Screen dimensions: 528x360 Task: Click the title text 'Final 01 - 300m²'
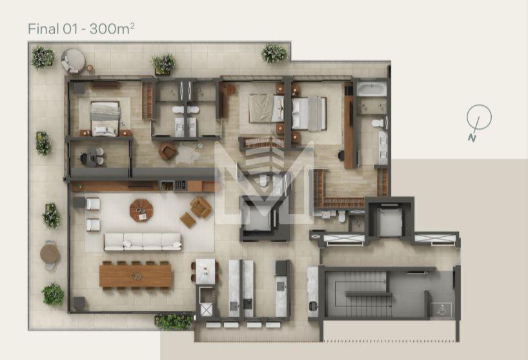click(81, 29)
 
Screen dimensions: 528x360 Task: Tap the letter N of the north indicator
click(472, 138)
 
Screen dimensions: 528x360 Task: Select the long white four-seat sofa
click(143, 242)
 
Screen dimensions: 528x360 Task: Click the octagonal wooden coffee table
click(141, 210)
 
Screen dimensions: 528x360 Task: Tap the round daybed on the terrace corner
click(74, 61)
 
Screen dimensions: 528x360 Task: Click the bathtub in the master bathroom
click(371, 89)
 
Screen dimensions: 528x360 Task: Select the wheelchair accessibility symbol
click(442, 310)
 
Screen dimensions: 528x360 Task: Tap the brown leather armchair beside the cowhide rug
click(168, 152)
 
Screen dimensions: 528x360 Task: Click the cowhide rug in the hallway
click(188, 152)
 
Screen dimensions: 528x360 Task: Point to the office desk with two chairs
click(91, 157)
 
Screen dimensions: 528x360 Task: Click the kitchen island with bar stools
click(205, 271)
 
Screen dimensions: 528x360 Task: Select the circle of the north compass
click(479, 117)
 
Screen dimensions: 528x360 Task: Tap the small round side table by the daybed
click(90, 68)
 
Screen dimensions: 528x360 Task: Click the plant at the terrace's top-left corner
click(43, 57)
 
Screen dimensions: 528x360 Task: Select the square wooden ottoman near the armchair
click(188, 220)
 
